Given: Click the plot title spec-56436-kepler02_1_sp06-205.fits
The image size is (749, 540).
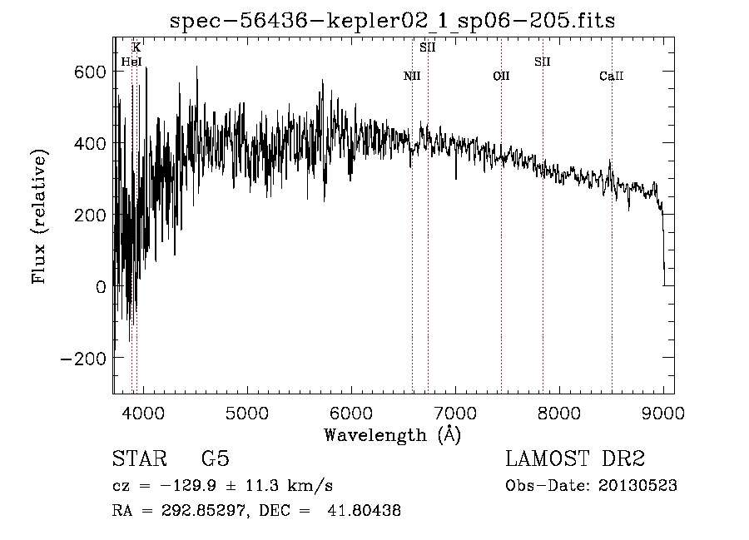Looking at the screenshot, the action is click(392, 20).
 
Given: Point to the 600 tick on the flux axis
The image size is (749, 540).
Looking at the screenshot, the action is click(90, 72).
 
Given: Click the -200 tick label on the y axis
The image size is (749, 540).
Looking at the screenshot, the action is click(83, 359).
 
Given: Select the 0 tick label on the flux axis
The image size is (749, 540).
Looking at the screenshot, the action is click(101, 287).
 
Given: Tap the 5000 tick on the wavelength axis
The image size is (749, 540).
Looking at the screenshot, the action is click(247, 413).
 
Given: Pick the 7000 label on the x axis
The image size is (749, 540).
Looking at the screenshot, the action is click(455, 413).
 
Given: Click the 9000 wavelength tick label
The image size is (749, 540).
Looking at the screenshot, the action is click(663, 413).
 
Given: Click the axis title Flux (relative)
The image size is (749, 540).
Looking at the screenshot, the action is click(40, 216).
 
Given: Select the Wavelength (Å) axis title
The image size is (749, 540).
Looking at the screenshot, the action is click(393, 434).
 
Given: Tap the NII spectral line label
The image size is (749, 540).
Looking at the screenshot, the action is click(412, 76).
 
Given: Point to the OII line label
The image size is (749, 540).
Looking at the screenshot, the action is click(501, 76).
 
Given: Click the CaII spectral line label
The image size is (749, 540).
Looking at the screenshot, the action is click(612, 76).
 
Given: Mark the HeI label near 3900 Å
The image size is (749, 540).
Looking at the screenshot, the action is click(131, 62).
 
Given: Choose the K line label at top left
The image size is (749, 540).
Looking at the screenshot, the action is click(136, 47).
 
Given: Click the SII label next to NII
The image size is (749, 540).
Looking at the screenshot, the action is click(428, 47).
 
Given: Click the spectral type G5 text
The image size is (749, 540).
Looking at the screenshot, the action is click(216, 458).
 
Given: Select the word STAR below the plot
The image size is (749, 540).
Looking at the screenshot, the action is click(140, 458).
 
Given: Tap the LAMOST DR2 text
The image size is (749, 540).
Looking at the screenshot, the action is click(575, 458).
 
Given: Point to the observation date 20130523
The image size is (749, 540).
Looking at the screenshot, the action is click(637, 486).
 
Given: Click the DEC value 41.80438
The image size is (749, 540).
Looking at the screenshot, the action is click(364, 511).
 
